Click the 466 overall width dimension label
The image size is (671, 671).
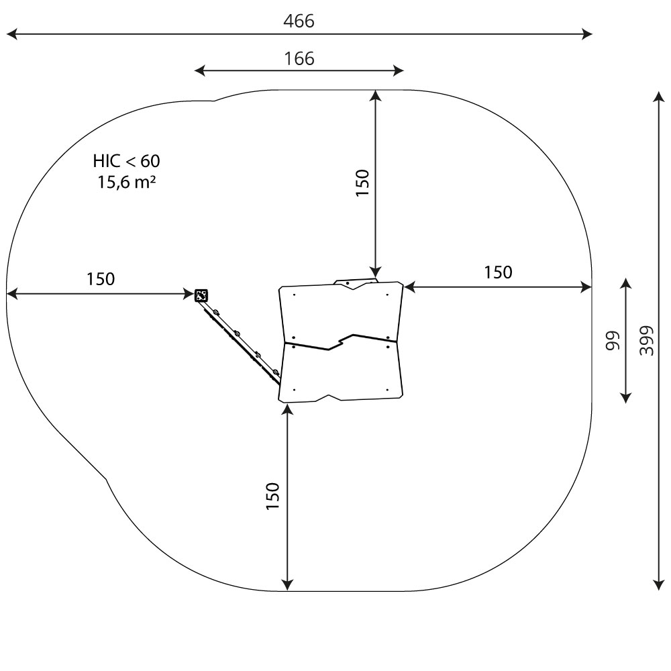coord(299,21)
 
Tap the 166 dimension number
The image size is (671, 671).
coord(299,58)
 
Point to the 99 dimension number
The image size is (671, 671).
coord(613,340)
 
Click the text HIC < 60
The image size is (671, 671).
coord(126,161)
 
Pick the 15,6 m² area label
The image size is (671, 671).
coord(126,182)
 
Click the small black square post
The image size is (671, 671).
coord(201,295)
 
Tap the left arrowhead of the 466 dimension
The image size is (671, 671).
coord(11,34)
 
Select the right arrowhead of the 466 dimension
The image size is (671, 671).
coord(587,34)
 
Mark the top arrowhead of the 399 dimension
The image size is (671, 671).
coord(659,97)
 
